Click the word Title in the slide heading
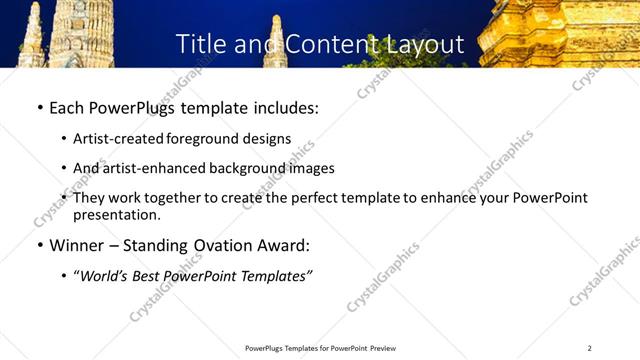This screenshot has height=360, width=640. [x=199, y=44]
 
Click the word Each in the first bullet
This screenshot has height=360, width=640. [x=69, y=108]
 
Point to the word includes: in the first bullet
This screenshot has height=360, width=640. [x=283, y=108]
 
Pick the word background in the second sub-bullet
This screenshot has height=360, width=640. [x=238, y=168]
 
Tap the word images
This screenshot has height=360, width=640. [x=308, y=168]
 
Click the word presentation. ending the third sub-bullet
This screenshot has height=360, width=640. [x=117, y=215]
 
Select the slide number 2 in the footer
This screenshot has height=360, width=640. [x=589, y=348]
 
